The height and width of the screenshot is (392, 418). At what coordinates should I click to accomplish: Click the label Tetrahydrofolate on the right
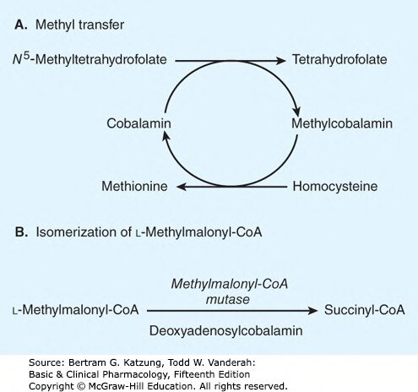coord(339,60)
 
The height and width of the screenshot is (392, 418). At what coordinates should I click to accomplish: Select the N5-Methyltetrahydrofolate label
coord(90,59)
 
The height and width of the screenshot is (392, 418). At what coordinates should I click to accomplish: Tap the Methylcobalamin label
coord(342,123)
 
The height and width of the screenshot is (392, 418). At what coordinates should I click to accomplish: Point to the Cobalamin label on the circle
coord(138,123)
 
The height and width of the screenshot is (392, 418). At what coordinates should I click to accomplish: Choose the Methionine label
coord(134,186)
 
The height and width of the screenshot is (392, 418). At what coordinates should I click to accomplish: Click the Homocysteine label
coord(335,187)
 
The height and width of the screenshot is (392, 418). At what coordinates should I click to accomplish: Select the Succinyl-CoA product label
coord(365,310)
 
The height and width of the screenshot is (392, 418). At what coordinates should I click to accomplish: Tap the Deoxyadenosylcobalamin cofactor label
coord(225,330)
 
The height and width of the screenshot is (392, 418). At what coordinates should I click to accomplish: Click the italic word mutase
coord(228,299)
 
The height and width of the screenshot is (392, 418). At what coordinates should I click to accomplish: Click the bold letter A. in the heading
coord(21,24)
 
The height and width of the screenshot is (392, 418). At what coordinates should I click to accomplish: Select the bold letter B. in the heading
coord(21,232)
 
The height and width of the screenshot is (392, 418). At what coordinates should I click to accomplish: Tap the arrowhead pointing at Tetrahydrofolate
coord(280,60)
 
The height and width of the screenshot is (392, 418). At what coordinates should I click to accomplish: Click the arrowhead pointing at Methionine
coord(182,186)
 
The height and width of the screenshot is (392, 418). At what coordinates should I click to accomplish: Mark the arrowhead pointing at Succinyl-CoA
coord(312,311)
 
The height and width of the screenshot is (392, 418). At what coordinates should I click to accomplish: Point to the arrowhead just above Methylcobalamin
coord(296,110)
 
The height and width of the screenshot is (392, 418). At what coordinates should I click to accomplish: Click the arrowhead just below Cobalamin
coord(166,138)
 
